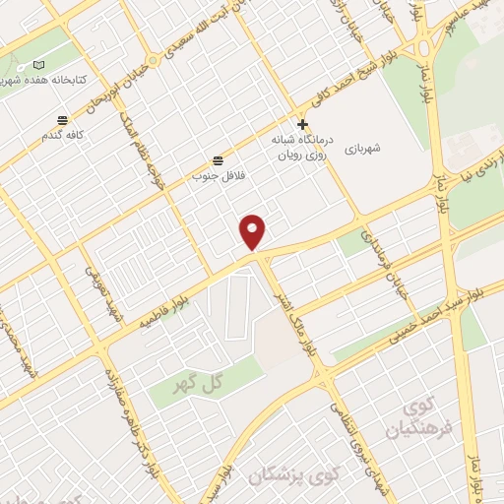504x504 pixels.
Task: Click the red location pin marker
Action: (x=254, y=231)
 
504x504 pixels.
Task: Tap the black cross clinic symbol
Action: (x=302, y=125)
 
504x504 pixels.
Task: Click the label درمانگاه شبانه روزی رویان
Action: (x=302, y=147)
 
